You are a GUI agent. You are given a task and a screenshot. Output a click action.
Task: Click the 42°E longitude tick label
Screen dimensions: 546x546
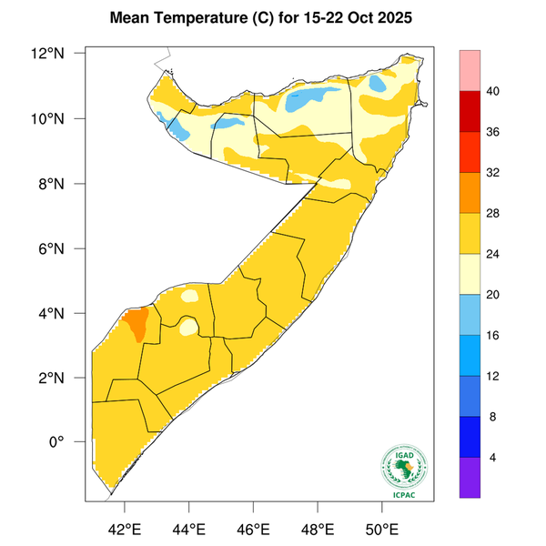124,528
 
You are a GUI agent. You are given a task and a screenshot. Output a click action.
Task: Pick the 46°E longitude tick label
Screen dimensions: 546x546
252,528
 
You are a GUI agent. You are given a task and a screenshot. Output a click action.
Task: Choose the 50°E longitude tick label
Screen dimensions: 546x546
380,528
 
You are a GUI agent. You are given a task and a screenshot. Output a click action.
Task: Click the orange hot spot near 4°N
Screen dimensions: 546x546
136,322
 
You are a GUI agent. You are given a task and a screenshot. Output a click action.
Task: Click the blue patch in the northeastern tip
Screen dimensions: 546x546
378,85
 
